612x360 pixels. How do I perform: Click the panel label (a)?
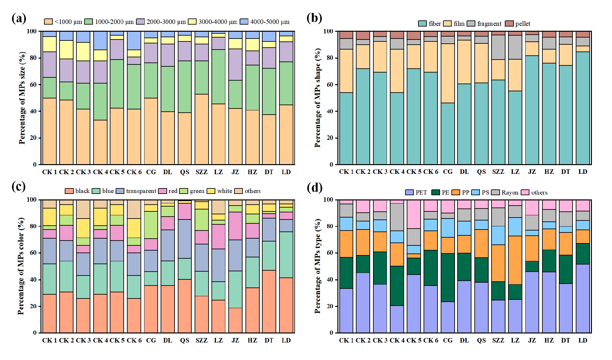click(x=19, y=18)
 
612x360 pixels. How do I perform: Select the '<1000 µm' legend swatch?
click(x=48, y=22)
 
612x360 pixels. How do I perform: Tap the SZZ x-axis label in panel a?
click(x=201, y=172)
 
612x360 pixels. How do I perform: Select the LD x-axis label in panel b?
click(x=583, y=172)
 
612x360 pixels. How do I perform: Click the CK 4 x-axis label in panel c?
click(x=100, y=340)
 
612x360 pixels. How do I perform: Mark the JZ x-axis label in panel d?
click(x=532, y=340)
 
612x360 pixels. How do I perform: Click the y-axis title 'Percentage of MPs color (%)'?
click(x=21, y=266)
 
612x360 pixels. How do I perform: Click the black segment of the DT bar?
click(x=269, y=301)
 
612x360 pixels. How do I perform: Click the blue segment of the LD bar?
click(x=286, y=254)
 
